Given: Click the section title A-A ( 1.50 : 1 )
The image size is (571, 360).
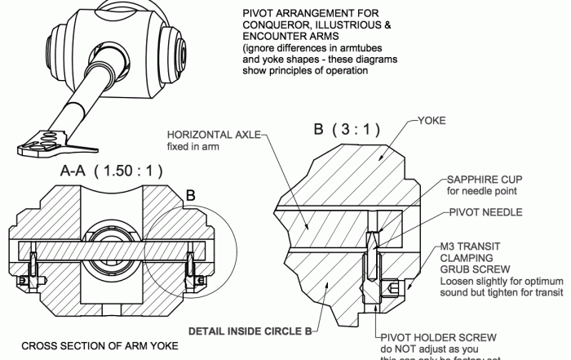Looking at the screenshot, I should point(112,171).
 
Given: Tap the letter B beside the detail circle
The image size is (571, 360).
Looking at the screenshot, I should point(189,196).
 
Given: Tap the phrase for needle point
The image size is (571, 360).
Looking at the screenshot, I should point(481,191).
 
